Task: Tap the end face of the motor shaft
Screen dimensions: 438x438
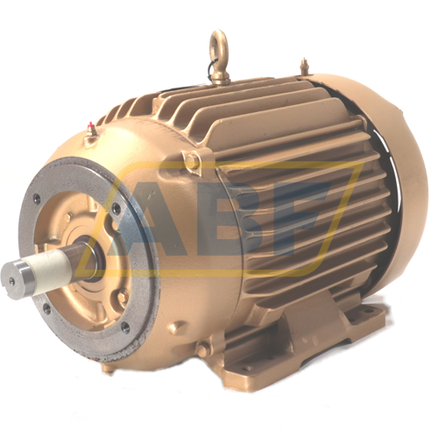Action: pos(11,281)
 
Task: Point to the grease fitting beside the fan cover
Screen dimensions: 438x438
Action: pos(305,66)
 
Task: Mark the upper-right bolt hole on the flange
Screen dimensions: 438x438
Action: pos(117,208)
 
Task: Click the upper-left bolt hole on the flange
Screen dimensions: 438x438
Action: pos(36,199)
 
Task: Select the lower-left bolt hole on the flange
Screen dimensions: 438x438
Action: pos(46,307)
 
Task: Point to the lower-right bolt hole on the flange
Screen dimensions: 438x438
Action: pos(126,327)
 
